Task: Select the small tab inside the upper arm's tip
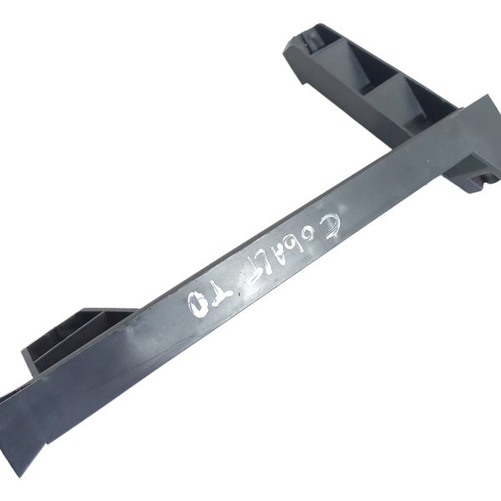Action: [322, 38]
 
